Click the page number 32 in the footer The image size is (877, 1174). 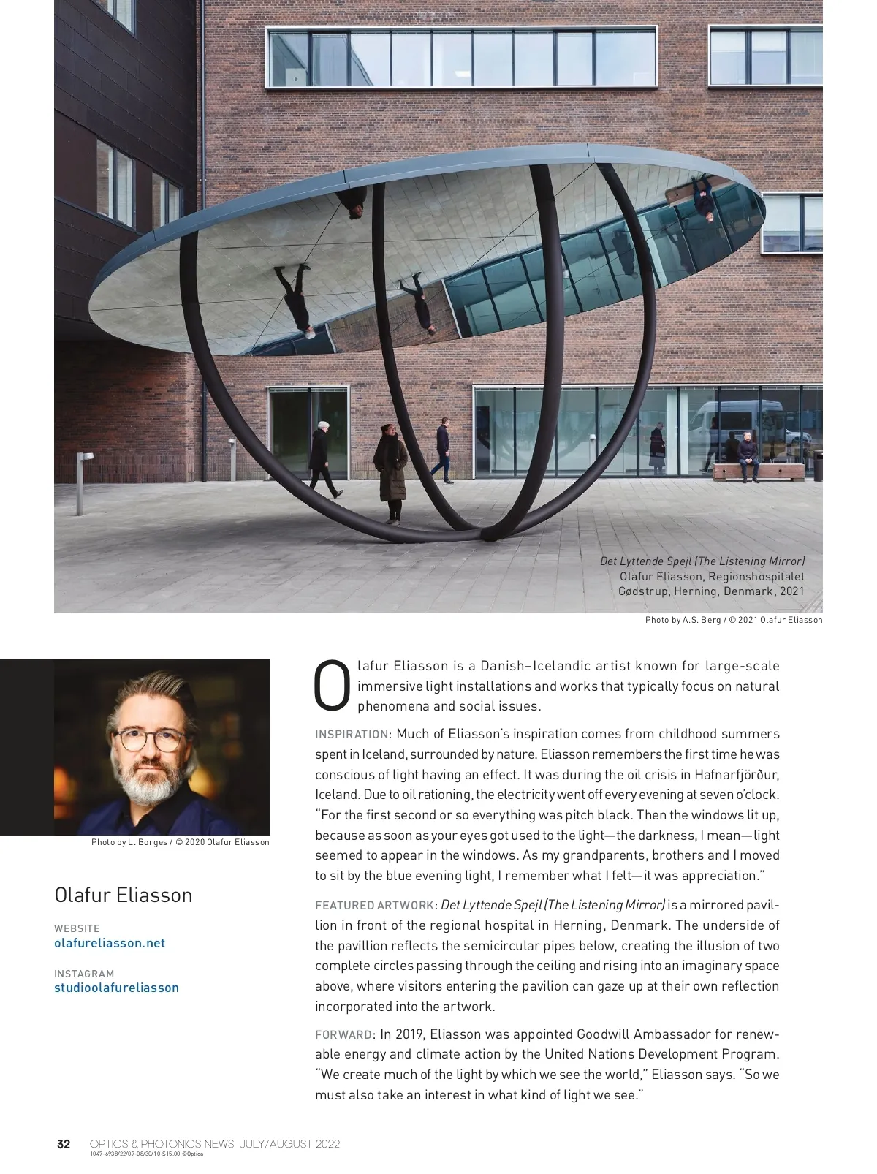[x=64, y=1143]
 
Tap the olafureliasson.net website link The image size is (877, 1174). [x=110, y=943]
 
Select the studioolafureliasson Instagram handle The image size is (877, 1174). [x=116, y=988]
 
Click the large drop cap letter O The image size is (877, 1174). [x=333, y=686]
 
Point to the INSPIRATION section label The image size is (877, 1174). [x=352, y=734]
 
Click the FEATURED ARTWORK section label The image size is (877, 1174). [x=375, y=905]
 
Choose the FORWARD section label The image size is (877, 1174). [x=343, y=1034]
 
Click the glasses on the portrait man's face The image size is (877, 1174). [x=151, y=741]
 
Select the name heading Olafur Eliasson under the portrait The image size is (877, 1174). [x=123, y=895]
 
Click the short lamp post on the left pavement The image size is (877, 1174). [x=80, y=481]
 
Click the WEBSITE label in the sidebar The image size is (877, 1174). [x=77, y=928]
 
